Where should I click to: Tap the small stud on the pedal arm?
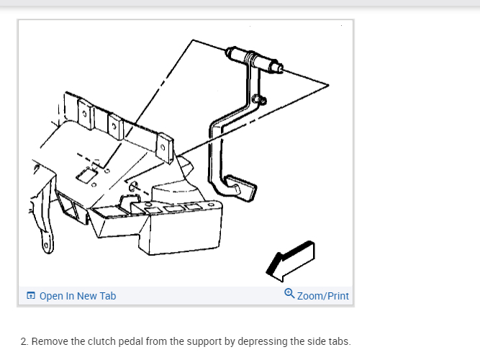point(260,100)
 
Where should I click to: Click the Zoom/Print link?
point(322,296)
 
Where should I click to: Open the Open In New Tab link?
point(77,296)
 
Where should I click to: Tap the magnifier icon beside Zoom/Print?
point(289,294)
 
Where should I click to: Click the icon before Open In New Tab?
point(31,296)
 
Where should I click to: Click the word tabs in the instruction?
point(339,341)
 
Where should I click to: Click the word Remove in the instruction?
point(49,341)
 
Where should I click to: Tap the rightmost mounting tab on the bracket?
point(164,146)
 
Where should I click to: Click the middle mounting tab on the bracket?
point(115,127)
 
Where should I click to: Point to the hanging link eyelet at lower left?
point(45,246)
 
